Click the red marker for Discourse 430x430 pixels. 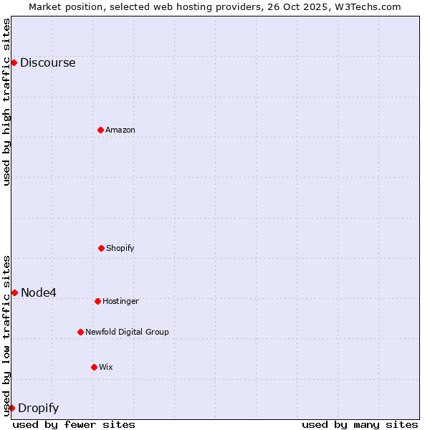point(14,62)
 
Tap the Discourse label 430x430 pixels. point(47,62)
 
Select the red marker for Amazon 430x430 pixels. point(100,130)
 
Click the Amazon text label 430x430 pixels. point(120,130)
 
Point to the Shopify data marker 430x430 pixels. point(101,248)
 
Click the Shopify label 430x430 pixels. point(120,248)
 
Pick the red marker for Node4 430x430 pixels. point(14,292)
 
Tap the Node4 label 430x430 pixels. point(39,292)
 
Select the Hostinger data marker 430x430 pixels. point(97,301)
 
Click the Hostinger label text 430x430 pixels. point(120,301)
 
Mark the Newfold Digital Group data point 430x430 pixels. point(80,332)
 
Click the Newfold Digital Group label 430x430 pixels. point(127,332)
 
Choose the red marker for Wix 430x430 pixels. point(94,367)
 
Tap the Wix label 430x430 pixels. point(105,367)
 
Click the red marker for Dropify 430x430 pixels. point(11,408)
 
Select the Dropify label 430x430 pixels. point(38,408)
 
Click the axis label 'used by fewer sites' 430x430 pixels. point(74,424)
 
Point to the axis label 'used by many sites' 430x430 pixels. point(360,424)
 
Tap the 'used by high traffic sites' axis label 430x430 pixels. point(6,102)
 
